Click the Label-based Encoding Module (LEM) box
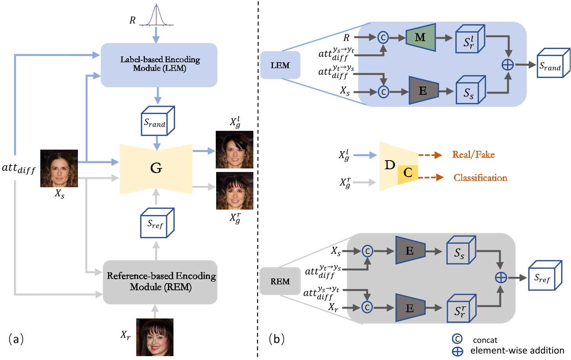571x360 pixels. pos(159,65)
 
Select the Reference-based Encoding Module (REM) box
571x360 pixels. pos(160,282)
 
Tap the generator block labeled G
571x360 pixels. pos(156,168)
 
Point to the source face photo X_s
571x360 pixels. pos(59,168)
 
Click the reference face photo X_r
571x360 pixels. pos(155,337)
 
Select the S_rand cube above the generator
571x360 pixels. pos(157,121)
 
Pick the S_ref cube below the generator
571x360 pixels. pos(157,223)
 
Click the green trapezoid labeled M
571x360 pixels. pos(421,38)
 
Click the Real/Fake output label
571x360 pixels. pos(473,155)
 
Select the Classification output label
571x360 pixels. pos(480,178)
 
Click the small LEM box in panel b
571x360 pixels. pos(280,65)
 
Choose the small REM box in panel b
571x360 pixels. pos(280,281)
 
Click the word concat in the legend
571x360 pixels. pos(485,340)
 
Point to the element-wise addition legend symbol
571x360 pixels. pos(457,351)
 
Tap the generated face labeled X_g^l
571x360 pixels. pos(235,150)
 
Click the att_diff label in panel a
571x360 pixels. pos(18,168)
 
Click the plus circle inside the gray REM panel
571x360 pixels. pos(501,277)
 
